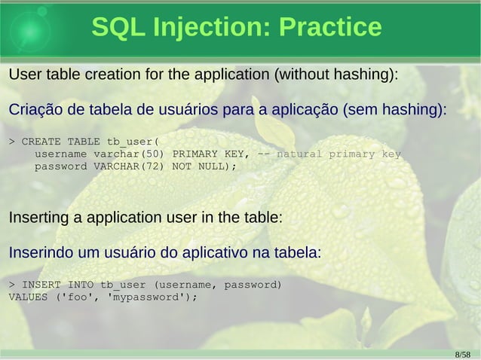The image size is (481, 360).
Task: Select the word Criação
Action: click(x=33, y=111)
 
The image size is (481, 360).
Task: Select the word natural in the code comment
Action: click(x=300, y=154)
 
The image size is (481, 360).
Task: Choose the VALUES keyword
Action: click(x=28, y=297)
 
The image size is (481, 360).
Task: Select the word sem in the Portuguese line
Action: click(x=360, y=111)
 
